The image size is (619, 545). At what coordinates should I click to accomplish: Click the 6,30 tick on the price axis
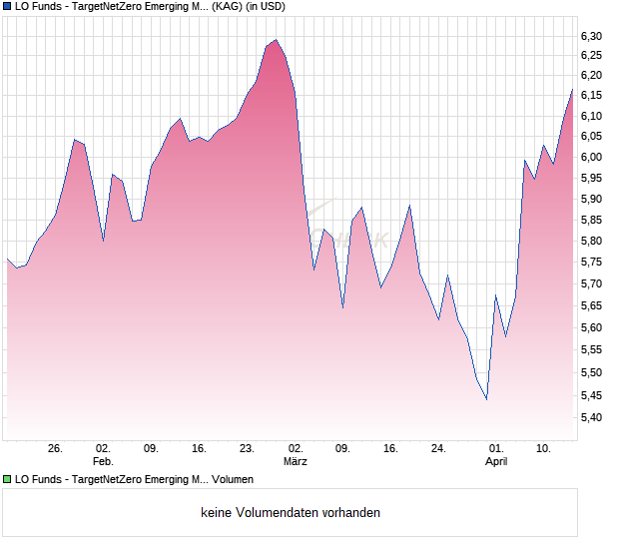(x=592, y=37)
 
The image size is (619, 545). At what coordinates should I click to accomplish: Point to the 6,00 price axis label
(x=592, y=158)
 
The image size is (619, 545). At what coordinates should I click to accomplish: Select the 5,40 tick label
(x=592, y=417)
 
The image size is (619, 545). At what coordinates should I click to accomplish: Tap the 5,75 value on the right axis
(x=592, y=263)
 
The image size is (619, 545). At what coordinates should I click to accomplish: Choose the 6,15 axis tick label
(x=592, y=96)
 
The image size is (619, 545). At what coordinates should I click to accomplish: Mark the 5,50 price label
(x=592, y=373)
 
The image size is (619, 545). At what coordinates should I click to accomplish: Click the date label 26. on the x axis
(x=56, y=448)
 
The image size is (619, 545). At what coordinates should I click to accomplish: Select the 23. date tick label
(x=247, y=448)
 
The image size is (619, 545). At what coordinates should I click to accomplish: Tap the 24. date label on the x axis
(x=438, y=448)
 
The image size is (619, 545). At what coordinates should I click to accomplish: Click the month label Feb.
(x=103, y=461)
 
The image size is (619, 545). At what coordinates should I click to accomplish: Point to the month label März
(x=295, y=461)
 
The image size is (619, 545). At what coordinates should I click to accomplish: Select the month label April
(x=496, y=461)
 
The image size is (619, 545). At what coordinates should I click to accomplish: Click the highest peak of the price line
(x=276, y=40)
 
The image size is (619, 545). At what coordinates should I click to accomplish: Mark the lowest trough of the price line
(x=486, y=399)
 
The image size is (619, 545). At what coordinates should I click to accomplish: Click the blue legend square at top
(x=7, y=7)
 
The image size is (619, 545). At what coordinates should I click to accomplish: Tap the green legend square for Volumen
(x=7, y=480)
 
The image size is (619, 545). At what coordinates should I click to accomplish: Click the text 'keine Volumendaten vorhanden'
(x=291, y=513)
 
